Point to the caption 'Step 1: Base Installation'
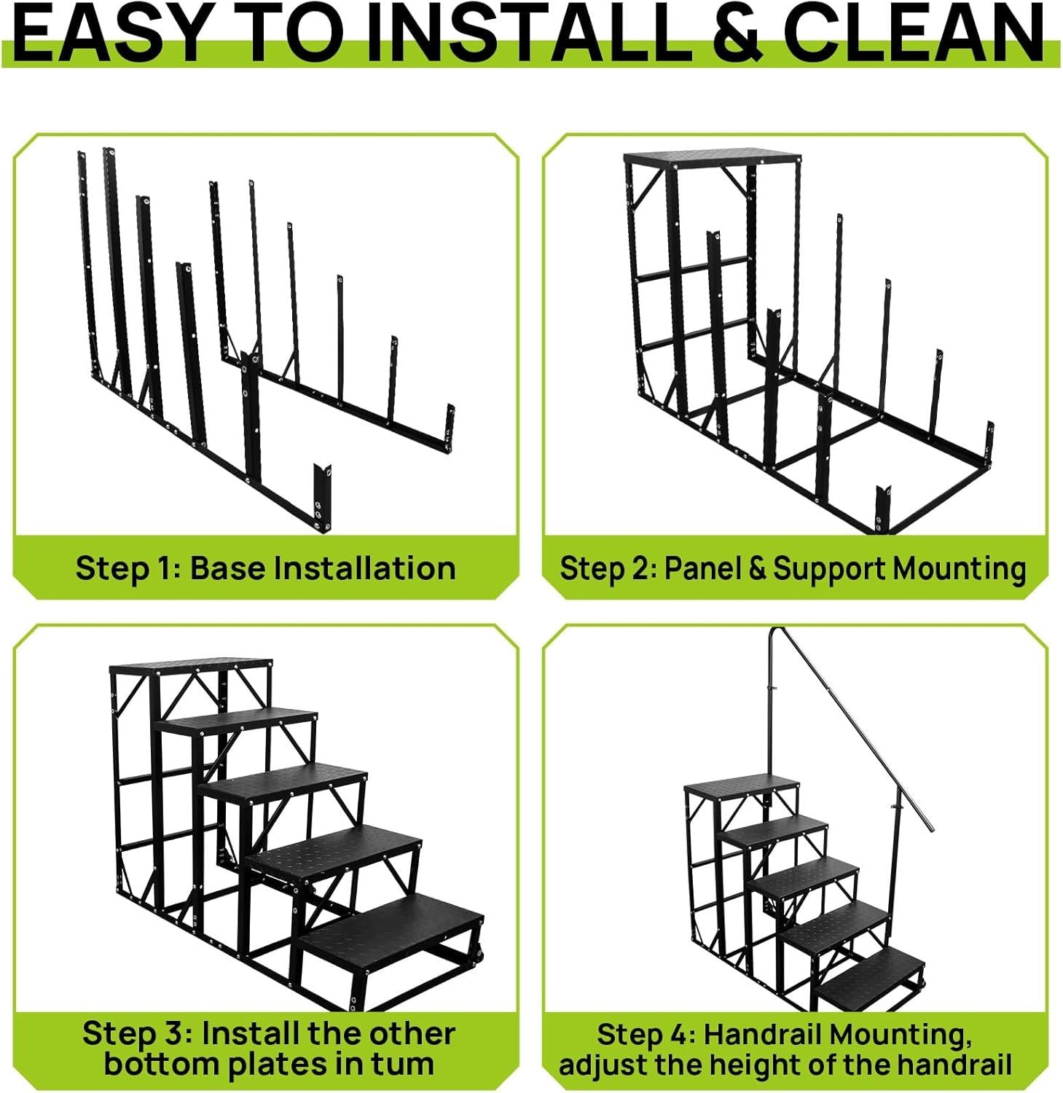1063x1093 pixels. click(266, 568)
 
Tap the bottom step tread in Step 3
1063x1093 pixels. click(391, 932)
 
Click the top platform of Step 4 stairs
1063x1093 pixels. click(742, 784)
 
